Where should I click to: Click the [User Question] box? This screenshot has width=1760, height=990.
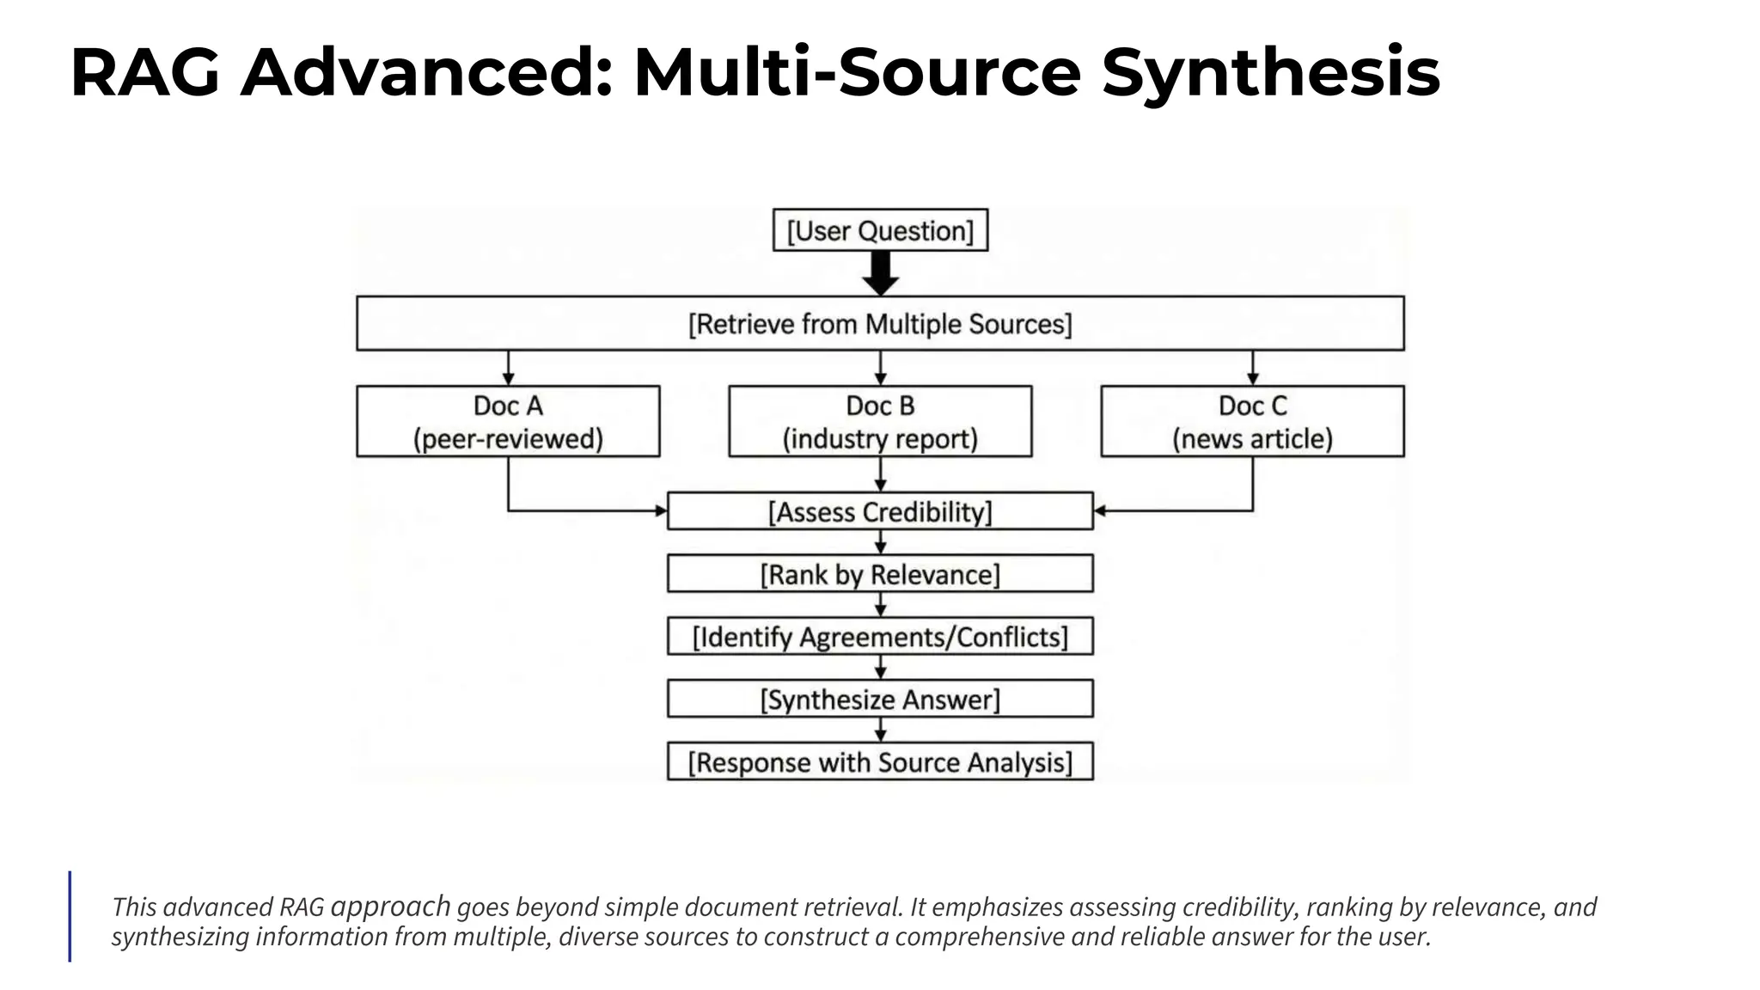tap(880, 230)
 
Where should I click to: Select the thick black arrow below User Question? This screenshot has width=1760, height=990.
tap(880, 273)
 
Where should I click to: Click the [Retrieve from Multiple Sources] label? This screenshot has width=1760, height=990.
tap(880, 324)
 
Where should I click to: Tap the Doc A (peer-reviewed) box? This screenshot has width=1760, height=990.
tap(508, 421)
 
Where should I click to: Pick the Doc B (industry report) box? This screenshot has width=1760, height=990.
tap(880, 421)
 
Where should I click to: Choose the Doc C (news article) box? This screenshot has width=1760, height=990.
tap(1252, 421)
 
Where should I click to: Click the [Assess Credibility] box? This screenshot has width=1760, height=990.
tap(880, 511)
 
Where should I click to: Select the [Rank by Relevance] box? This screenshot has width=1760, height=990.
tap(880, 574)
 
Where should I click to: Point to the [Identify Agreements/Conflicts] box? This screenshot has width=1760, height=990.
tap(880, 637)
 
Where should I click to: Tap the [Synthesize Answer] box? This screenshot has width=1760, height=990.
tap(880, 699)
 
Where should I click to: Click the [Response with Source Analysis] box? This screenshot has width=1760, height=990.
tap(880, 761)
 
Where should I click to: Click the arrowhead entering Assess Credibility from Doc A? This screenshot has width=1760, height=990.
tap(661, 511)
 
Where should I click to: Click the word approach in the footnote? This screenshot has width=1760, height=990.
tap(390, 906)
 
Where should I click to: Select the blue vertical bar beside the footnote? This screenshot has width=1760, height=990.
tap(70, 915)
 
